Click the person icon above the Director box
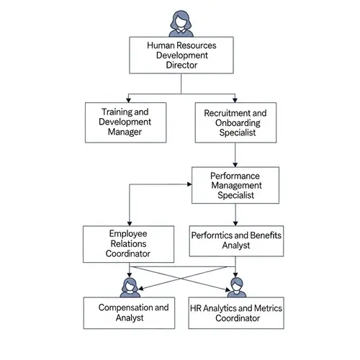point(180,22)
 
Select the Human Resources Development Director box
point(181,55)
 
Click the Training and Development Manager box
point(125,122)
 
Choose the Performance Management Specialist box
point(235,186)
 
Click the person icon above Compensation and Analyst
point(130,286)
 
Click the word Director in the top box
point(181,65)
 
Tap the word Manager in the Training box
point(125,132)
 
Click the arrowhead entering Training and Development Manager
point(128,99)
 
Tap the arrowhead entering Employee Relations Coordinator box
point(129,222)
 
